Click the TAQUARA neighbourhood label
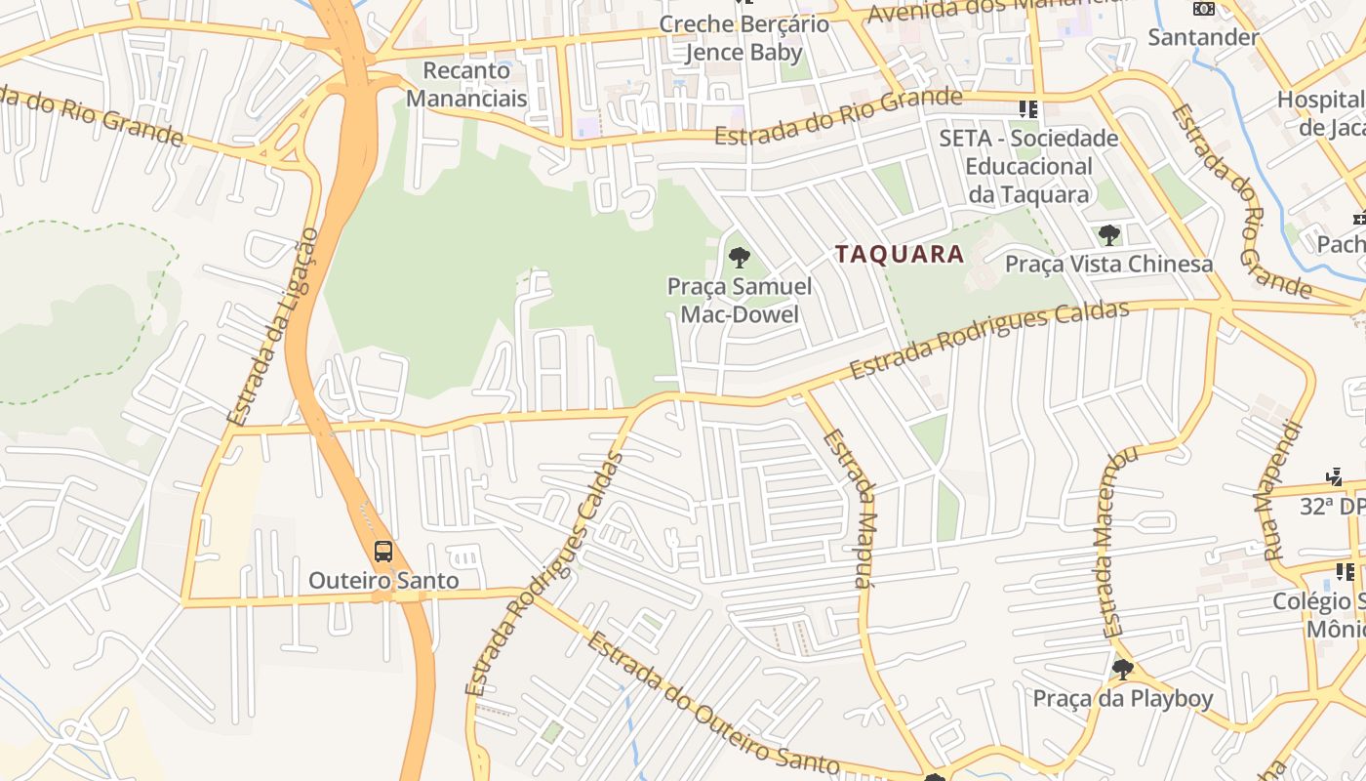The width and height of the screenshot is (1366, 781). tap(899, 255)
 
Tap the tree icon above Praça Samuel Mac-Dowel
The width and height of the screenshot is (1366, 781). tap(740, 258)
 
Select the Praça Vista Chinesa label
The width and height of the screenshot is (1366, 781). tap(1109, 264)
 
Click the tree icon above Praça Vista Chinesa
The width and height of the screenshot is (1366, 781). tap(1108, 234)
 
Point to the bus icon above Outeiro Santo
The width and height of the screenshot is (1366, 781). tap(383, 551)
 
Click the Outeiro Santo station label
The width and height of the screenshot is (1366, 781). tap(383, 580)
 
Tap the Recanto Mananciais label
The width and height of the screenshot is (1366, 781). tap(466, 84)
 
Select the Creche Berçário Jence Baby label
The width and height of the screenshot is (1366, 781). tap(743, 38)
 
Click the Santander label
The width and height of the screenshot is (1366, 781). tap(1203, 37)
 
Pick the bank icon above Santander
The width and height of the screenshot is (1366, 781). tap(1204, 9)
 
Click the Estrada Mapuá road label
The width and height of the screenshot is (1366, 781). tap(848, 508)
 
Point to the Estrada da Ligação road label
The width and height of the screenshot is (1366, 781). tap(272, 327)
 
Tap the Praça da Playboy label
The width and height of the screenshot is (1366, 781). tap(1123, 699)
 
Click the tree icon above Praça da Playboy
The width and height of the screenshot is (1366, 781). tap(1123, 670)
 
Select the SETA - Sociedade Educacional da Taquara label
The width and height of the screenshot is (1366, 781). tap(1028, 166)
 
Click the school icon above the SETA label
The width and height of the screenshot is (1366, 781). tap(1027, 108)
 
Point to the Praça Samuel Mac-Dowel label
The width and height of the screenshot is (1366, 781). tap(740, 300)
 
